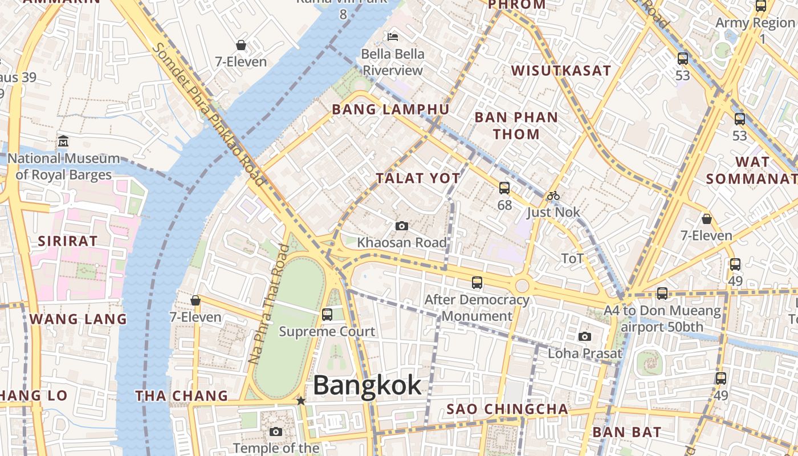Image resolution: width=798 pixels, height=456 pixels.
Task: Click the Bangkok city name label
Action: point(367,386)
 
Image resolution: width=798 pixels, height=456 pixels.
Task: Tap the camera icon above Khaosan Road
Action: point(401,226)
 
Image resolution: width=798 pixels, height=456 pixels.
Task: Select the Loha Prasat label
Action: point(585,353)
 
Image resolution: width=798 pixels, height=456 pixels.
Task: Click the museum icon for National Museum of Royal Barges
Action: point(63,141)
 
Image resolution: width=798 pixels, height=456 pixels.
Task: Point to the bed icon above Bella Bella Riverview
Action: point(393,37)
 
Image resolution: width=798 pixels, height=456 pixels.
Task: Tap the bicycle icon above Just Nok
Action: point(553,196)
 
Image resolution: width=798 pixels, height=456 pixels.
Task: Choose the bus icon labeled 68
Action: point(504,188)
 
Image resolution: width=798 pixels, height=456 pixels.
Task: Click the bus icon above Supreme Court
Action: point(327,314)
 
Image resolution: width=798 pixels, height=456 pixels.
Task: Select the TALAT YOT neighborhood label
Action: point(418,178)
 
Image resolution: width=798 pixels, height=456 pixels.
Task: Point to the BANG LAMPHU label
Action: point(390,109)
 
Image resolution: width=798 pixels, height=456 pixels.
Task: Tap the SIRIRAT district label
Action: point(68,241)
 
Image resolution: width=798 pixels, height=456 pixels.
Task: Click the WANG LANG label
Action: point(78,319)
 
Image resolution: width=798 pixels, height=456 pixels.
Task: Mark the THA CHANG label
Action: point(181,396)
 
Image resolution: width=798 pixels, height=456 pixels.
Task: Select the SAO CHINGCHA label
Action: point(507,409)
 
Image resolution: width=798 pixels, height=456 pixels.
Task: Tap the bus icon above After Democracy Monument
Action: point(477,282)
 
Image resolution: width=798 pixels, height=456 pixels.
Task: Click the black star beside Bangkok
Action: point(301,401)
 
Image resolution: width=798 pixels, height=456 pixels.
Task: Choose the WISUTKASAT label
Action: point(561,71)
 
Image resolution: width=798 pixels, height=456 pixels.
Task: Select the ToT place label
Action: point(572,259)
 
